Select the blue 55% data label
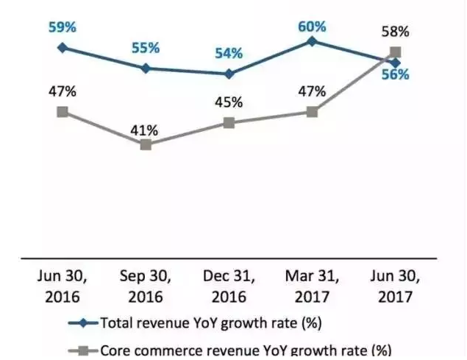[x=146, y=48]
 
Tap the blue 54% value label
[x=229, y=54]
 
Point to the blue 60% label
[x=312, y=27]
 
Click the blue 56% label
[x=396, y=75]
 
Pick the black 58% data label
[x=396, y=32]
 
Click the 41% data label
[x=146, y=130]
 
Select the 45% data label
[x=229, y=102]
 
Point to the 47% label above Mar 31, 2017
[x=312, y=92]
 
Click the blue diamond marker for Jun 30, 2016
[x=63, y=47]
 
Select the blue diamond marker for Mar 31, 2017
[x=312, y=41]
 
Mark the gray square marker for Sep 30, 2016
[x=146, y=144]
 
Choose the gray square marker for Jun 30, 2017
[x=396, y=52]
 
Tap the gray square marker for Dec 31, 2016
[x=229, y=122]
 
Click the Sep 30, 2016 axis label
[x=146, y=287]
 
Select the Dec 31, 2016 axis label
[x=229, y=287]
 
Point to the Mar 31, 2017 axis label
[x=312, y=287]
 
